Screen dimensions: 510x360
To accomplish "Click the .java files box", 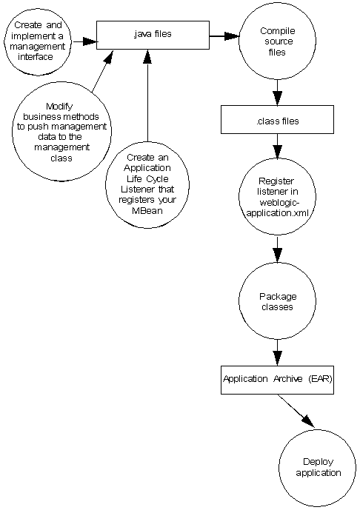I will click(x=152, y=34).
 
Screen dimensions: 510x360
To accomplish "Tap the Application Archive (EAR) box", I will click(x=278, y=378).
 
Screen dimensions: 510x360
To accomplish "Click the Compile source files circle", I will click(x=276, y=42).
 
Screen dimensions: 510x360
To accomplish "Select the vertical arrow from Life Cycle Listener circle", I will click(x=149, y=96).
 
